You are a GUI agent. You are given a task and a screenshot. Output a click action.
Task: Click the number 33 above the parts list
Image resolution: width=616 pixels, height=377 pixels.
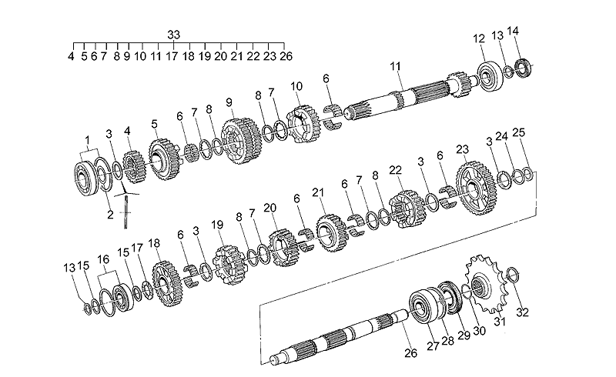coord(173,34)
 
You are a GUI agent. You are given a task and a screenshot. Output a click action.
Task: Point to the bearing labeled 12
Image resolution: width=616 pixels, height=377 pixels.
coord(488,74)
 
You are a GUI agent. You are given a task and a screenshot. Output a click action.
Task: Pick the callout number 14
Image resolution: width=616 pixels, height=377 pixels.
coord(513,32)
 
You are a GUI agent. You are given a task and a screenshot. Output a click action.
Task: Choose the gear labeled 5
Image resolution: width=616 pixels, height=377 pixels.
coord(163,158)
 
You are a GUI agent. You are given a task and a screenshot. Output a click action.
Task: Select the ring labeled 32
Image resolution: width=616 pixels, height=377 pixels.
coord(515,275)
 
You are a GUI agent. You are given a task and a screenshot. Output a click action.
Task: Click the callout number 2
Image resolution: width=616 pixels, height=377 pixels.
coord(109,215)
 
